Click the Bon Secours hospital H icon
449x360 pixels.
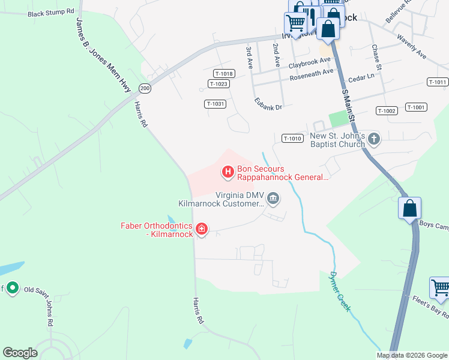click(228, 173)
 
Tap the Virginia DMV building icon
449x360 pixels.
click(273, 198)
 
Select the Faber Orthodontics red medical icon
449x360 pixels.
click(202, 229)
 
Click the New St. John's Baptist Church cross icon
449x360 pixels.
click(374, 140)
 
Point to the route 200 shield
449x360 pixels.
click(144, 88)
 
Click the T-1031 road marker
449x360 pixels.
click(215, 104)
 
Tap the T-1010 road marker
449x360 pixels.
click(292, 139)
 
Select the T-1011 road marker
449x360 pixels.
click(438, 82)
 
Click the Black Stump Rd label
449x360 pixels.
click(51, 12)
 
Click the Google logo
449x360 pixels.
click(20, 353)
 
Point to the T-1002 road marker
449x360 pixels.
click(387, 111)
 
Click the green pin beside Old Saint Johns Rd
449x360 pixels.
click(12, 289)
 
